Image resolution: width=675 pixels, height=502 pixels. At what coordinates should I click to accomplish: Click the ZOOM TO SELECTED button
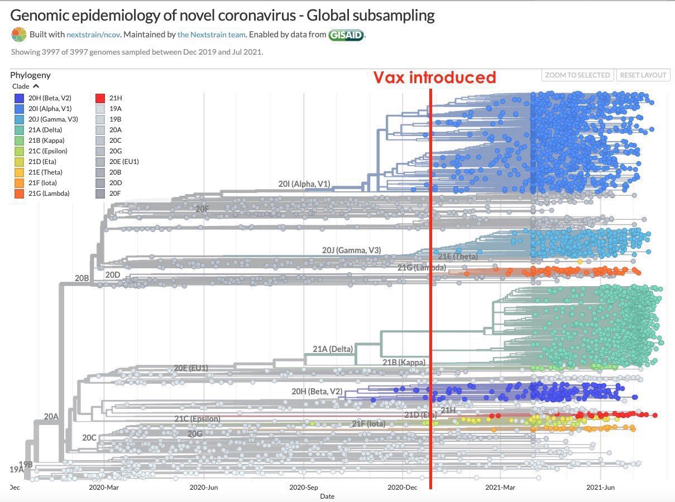pos(577,75)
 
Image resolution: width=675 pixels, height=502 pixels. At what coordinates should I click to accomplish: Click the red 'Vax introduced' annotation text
pos(434,78)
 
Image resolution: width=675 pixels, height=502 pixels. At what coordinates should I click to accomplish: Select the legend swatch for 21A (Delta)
pos(19,130)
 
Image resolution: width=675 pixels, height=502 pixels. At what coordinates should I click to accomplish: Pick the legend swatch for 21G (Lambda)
pos(19,194)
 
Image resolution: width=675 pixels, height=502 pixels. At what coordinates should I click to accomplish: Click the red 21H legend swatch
pos(101,98)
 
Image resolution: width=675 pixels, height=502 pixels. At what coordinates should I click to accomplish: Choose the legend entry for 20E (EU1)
pos(101,162)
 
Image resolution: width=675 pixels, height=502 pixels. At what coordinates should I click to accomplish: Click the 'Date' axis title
pos(327,496)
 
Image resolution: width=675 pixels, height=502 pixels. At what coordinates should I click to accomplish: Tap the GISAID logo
pos(346,35)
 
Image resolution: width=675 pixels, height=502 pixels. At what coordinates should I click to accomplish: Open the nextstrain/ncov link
pos(93,35)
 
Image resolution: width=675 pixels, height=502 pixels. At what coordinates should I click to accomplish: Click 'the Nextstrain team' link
pos(212,35)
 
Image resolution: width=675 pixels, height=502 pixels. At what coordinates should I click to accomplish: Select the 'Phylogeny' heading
pos(30,75)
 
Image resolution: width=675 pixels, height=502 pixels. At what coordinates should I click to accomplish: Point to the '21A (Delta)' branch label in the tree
pos(333,349)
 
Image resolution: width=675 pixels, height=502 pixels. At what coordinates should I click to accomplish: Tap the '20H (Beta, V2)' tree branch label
pos(317,392)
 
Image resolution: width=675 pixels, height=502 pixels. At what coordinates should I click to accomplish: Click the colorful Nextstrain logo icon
pos(18,35)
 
